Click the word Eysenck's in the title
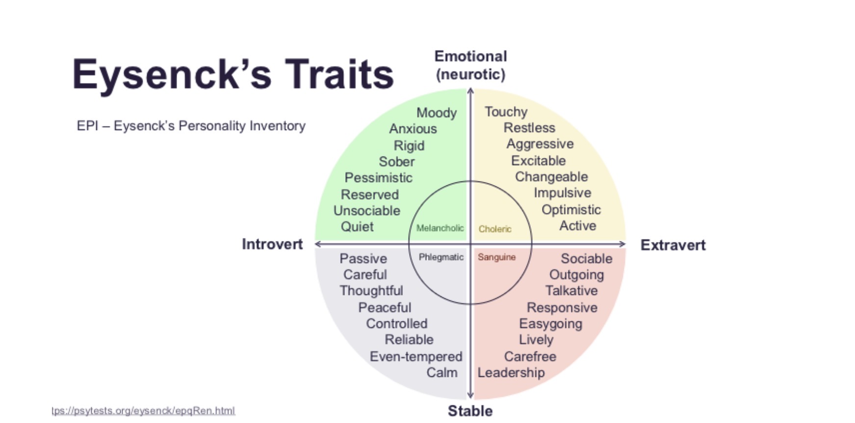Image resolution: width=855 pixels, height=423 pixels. coord(172,75)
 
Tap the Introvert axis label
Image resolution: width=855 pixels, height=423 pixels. coord(272,244)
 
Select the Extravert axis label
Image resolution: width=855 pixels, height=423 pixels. coord(673,245)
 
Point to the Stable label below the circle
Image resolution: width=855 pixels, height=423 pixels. coord(470,411)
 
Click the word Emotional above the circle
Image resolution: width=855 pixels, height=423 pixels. coord(470,56)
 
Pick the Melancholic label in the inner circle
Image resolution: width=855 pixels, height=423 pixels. coord(440,228)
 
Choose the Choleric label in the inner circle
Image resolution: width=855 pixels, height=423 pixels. coord(495,229)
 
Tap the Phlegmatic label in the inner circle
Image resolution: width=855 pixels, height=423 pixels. coord(441,257)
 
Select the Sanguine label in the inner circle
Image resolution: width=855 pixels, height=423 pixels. coord(497,257)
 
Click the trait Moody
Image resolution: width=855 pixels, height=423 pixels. coord(437,113)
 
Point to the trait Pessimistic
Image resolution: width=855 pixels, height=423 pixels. coord(378,178)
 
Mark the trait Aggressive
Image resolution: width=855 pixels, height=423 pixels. coord(540,144)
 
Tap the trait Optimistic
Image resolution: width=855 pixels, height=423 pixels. coord(571,210)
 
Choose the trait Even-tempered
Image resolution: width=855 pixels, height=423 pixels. coord(416,357)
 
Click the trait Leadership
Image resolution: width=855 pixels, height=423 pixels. coord(511,373)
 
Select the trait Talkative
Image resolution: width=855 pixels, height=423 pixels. coord(571,291)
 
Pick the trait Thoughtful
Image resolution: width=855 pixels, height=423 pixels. coord(371,291)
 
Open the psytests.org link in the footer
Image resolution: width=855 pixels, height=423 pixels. coord(143,411)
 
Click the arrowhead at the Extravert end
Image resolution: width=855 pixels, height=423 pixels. coord(623,244)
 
